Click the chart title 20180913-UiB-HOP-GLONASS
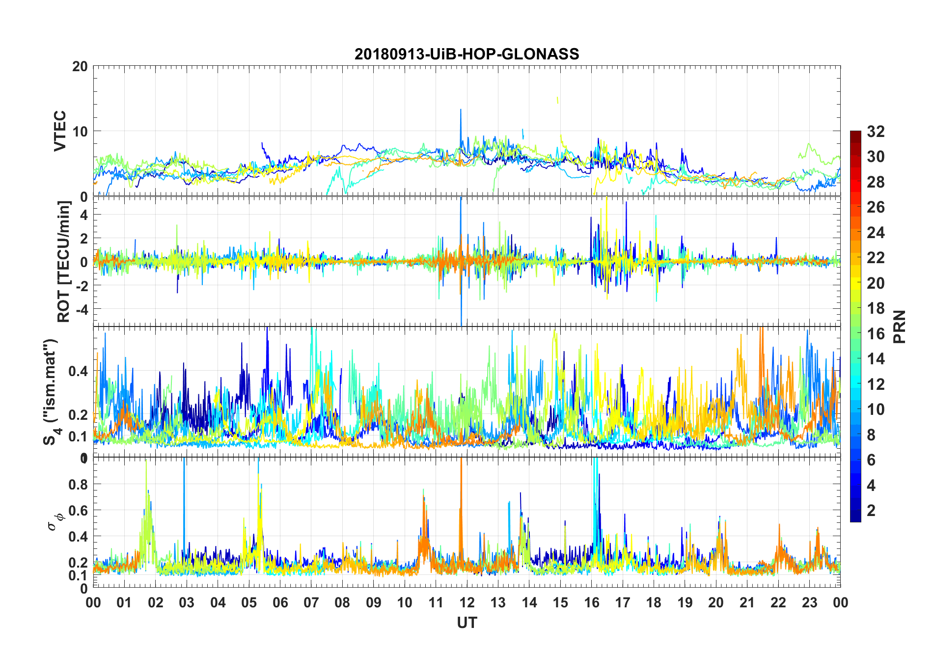coord(467,54)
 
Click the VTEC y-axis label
coord(60,131)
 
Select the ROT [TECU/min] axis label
coord(64,261)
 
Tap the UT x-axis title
coord(467,623)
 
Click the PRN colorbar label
coord(900,326)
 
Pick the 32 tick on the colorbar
coord(876,132)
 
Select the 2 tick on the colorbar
coord(871,511)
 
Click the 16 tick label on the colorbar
coord(876,334)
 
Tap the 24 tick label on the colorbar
coord(876,233)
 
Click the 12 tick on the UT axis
coord(467,602)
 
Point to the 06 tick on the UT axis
coord(280,602)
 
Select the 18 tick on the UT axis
coord(654,602)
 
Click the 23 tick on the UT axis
coord(809,602)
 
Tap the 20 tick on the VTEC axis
coord(80,66)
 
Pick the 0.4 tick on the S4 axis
coord(78,371)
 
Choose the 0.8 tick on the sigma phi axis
coord(78,485)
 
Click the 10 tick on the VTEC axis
coord(80,132)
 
